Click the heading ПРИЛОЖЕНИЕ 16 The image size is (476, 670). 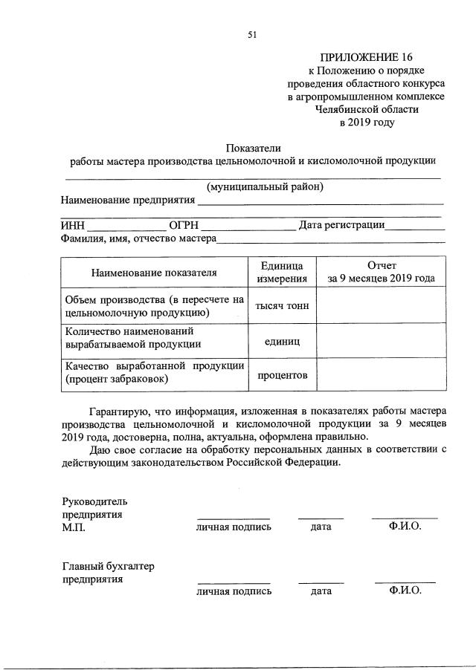coord(365,56)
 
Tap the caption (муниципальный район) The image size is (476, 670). coord(266,186)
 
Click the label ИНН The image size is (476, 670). coord(73,226)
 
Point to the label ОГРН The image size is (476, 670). coord(183,226)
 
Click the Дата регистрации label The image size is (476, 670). coord(341,225)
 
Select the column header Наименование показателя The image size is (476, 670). coord(154,273)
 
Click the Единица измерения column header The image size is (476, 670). coord(282,273)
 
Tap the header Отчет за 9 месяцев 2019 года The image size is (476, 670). coord(382,273)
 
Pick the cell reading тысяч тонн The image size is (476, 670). coord(282,306)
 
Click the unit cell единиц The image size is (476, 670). coord(282,343)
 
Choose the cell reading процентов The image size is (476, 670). coord(282,375)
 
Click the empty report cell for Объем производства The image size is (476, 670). coord(382,306)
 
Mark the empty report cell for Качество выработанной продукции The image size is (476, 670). coord(382,375)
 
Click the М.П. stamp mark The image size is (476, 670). coord(74,527)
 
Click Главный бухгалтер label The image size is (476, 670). coord(107,565)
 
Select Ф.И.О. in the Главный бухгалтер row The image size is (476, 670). coord(405,591)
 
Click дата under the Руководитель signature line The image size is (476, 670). coord(321,527)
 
